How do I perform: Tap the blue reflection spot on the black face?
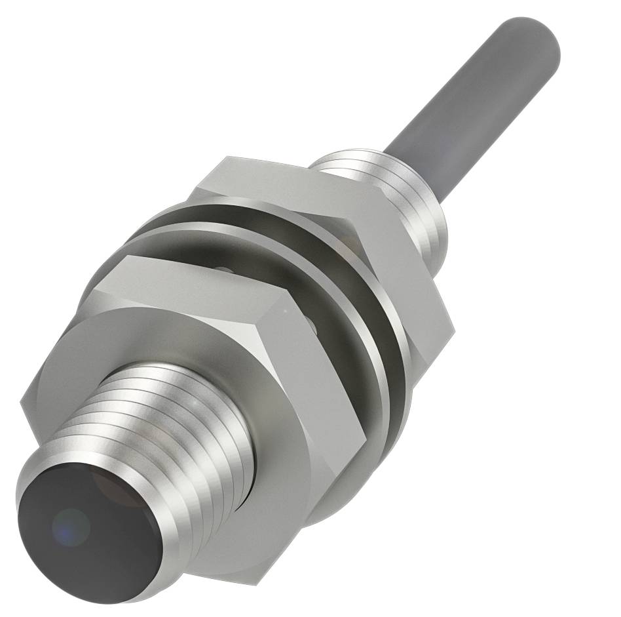pyautogui.click(x=71, y=525)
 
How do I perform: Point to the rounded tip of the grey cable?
pyautogui.click(x=537, y=33)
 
